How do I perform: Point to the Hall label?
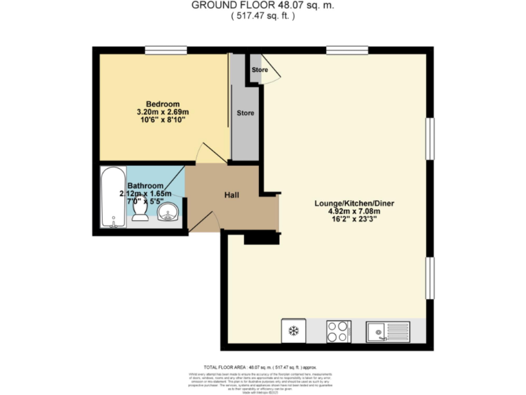coord(231,195)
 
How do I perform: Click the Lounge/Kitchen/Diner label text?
coord(354,204)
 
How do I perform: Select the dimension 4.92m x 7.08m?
coord(354,212)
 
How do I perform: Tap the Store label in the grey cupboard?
coord(245,113)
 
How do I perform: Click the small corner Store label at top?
coord(260,70)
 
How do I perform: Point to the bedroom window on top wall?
coord(166,49)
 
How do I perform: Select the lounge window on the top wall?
coord(347,49)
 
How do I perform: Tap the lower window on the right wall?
coord(431,278)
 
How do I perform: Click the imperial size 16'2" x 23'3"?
coord(354,221)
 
